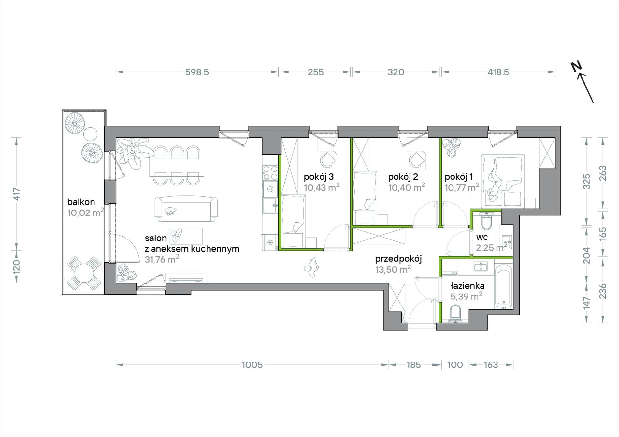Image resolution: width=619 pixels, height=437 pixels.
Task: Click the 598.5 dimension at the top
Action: pos(197,72)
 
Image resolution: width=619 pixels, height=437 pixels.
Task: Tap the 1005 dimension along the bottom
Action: pos(252,365)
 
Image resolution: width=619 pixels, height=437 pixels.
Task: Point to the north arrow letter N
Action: pos(576,67)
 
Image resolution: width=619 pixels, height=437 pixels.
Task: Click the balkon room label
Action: pos(81,202)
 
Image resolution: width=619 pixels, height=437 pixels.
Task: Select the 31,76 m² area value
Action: pos(162,259)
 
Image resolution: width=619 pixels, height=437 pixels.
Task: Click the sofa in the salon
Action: pos(186,209)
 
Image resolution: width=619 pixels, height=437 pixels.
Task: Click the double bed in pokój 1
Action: pos(503,181)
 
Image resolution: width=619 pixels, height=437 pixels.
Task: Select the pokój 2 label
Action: pos(403,177)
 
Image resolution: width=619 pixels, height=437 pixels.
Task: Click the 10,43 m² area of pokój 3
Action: pos(322,187)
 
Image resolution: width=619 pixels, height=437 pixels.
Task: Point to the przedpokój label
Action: pos(398,259)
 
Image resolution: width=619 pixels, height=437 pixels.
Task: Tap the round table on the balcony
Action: pos(84,273)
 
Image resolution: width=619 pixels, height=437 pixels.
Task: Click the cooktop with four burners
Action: pos(270,172)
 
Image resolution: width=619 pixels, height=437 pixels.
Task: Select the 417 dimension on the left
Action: pos(17,194)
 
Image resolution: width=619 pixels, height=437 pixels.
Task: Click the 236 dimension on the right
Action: pos(603,291)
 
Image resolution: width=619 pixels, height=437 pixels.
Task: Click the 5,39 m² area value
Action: pos(466,296)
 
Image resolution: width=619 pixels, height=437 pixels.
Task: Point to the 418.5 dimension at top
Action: pos(498,72)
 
